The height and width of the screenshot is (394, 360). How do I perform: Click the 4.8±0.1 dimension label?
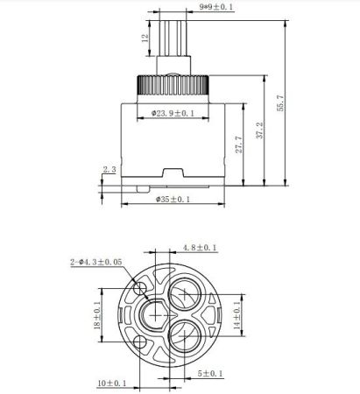(x=201, y=249)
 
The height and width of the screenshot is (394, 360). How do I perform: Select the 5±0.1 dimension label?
(x=209, y=374)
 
